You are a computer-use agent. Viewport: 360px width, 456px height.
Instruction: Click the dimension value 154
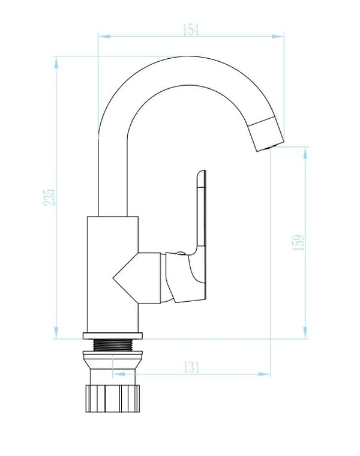click(x=191, y=29)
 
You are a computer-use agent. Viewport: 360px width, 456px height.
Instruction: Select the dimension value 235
click(x=49, y=197)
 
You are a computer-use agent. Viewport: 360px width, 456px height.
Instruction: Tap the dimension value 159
click(x=298, y=242)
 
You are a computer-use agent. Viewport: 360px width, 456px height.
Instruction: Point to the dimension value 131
click(x=191, y=367)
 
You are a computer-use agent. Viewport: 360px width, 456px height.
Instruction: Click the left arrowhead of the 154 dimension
click(x=104, y=37)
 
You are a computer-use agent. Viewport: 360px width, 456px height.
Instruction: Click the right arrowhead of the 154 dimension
click(x=278, y=37)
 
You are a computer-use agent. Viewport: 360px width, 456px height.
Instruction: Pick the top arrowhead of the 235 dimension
click(x=56, y=62)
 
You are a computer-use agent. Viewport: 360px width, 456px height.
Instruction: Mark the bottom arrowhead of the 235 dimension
click(x=56, y=332)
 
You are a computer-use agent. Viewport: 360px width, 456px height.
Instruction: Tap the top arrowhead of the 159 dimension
click(x=305, y=153)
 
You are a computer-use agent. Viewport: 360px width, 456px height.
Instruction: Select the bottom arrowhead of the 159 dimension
click(x=305, y=332)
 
